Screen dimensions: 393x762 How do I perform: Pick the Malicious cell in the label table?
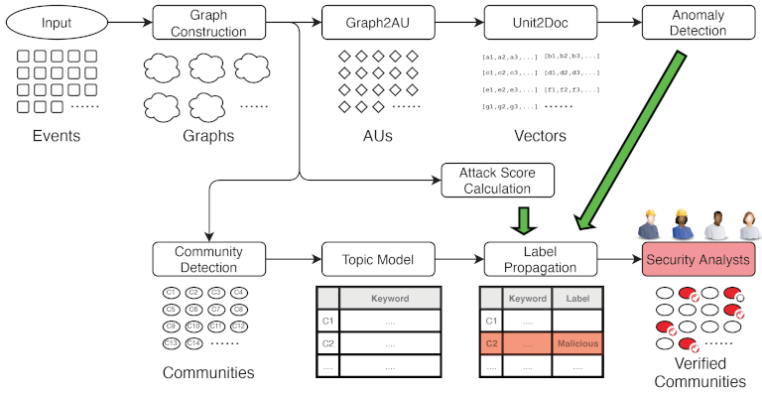point(576,343)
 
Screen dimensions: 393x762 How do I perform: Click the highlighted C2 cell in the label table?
point(490,343)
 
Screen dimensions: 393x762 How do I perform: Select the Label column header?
point(576,297)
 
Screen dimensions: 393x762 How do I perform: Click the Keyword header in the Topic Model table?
point(389,297)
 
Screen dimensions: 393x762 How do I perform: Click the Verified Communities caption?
point(700,371)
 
